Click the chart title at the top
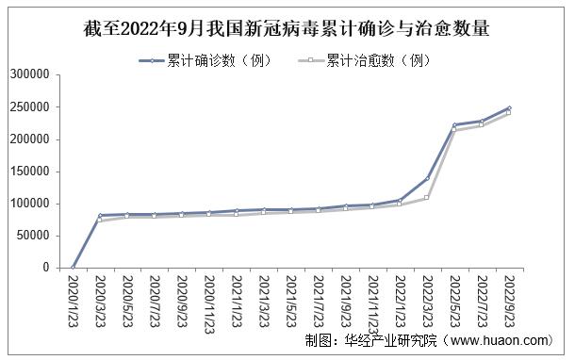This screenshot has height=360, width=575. [x=287, y=27]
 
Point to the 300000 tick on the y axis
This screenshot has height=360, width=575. [x=29, y=75]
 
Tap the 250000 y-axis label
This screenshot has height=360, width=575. [x=29, y=107]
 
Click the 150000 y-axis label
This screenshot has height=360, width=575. [x=29, y=172]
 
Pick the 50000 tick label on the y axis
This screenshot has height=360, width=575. [x=33, y=236]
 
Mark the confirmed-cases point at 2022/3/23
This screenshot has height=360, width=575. [x=427, y=178]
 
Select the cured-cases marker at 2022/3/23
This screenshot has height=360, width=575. [x=427, y=197]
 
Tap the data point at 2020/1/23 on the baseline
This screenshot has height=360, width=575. [x=73, y=268]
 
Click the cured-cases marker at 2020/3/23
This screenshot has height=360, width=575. [x=100, y=221]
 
